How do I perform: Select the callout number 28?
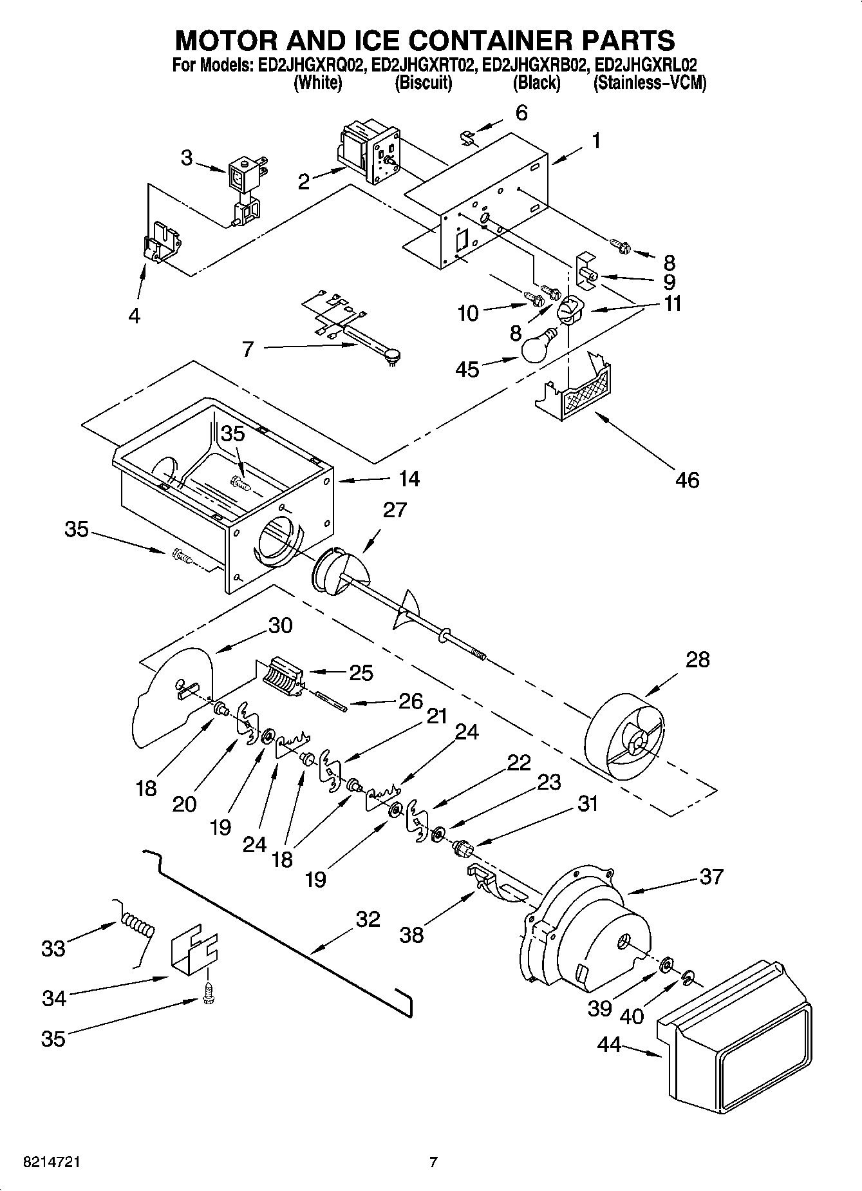pos(697,660)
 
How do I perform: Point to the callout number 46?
pos(687,479)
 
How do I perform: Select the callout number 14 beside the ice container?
pos(408,478)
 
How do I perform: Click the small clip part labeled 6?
pos(469,137)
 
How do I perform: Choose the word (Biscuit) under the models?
pos(423,82)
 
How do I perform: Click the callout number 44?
pos(608,1044)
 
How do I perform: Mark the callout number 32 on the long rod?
pos(368,919)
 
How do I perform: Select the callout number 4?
pos(135,316)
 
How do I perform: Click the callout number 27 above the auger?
pos(394,510)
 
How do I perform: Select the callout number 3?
pos(187,157)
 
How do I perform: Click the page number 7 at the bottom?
pos(433,1162)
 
